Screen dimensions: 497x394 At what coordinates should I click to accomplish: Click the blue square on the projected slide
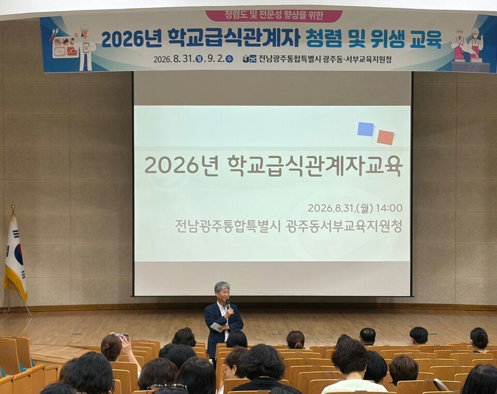coord(366,129)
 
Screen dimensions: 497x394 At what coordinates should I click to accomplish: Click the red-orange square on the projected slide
coord(385,137)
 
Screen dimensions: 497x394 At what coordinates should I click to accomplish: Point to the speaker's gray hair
coord(222,287)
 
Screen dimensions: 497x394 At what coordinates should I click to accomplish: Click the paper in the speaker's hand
coord(217,327)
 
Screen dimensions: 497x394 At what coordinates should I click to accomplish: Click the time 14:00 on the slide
coord(389,208)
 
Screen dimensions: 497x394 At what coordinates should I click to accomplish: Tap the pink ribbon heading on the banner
coord(274,16)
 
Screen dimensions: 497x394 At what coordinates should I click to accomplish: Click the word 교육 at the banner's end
coord(426,40)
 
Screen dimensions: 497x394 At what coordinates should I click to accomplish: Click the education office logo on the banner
coord(250,59)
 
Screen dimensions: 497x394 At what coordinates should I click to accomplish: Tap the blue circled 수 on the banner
coord(229,59)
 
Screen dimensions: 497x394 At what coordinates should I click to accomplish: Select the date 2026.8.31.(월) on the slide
coord(341,208)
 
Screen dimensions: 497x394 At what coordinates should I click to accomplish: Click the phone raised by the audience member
coord(122,337)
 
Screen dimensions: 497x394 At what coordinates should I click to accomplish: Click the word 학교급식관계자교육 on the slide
coord(315,165)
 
